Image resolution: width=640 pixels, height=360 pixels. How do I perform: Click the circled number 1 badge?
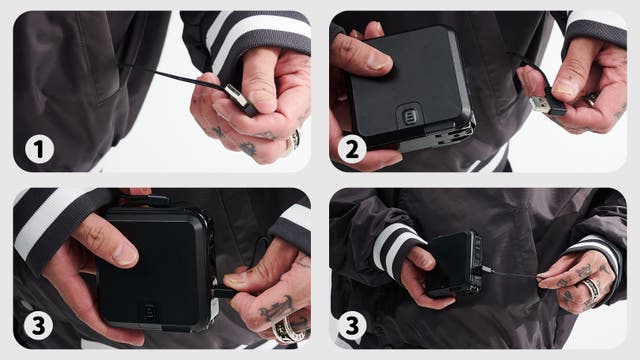(40, 149)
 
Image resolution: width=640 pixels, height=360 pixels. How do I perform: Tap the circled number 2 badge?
(352, 149)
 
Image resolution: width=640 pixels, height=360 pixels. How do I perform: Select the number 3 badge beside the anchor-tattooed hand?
(38, 326)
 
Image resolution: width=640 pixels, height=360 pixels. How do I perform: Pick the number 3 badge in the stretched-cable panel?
(352, 326)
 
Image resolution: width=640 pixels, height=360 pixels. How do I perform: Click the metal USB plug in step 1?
(241, 99)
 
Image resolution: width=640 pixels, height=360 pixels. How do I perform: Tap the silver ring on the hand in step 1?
(294, 140)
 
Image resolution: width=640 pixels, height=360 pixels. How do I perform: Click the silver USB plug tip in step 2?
(540, 104)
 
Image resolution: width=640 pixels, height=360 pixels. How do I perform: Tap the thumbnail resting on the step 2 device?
(377, 60)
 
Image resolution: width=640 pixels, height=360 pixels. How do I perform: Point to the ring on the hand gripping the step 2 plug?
(591, 99)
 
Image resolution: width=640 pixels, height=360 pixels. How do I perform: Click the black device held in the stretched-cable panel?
(454, 263)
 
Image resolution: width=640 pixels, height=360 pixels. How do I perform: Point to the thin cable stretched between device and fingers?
(513, 273)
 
